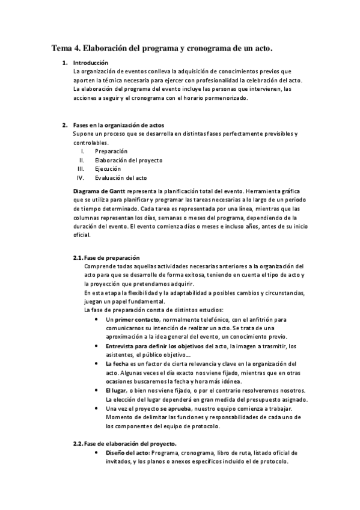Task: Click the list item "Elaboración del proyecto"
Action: click(x=129, y=160)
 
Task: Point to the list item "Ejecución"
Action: click(x=108, y=169)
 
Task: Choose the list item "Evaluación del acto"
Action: click(x=120, y=178)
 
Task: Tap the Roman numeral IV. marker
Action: click(x=80, y=178)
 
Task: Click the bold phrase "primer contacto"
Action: click(x=137, y=319)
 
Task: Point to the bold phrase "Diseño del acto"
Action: click(x=127, y=452)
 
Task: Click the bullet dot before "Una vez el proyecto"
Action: click(x=97, y=408)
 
